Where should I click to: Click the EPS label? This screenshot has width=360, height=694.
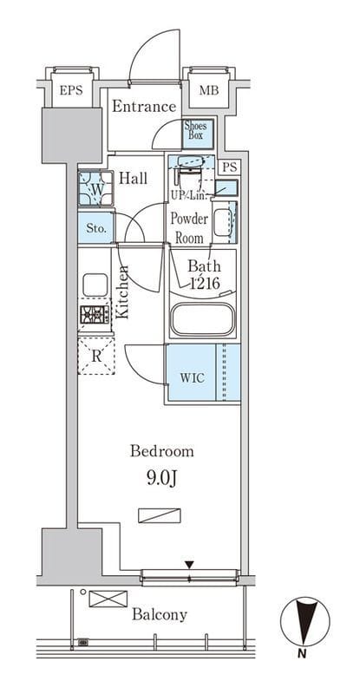[71, 91]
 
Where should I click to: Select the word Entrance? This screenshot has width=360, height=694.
[144, 107]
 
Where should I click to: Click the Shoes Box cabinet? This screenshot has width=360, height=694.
[199, 134]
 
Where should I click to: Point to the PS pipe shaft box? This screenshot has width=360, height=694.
[229, 167]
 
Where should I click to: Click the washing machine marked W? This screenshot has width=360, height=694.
[95, 188]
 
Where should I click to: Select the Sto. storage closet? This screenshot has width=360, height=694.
[96, 228]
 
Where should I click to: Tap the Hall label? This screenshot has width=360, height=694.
[134, 179]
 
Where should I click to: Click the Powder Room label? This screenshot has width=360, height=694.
[189, 228]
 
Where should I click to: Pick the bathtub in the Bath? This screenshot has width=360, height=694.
[203, 319]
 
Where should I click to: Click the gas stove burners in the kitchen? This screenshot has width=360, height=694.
[95, 314]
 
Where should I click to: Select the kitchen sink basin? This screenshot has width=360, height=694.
[95, 285]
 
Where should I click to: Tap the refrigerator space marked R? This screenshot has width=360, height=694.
[96, 356]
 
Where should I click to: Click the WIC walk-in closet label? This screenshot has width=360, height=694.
[192, 378]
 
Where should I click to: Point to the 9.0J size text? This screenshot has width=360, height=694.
[161, 479]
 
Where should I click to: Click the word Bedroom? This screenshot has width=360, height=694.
[162, 451]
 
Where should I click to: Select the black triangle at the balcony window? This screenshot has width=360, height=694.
[189, 565]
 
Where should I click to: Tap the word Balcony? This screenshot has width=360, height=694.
[160, 615]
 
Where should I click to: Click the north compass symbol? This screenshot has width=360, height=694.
[305, 622]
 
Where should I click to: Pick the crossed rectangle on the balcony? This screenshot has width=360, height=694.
[108, 599]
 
